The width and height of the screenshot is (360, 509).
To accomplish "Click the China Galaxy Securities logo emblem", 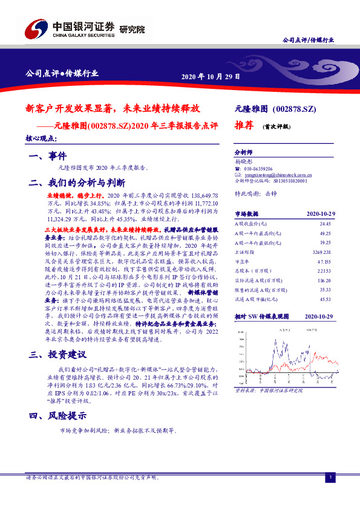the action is pos(34,28).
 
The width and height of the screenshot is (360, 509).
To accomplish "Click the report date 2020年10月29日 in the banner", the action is pos(211,77).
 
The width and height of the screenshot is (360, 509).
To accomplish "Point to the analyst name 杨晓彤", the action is pos(244,162).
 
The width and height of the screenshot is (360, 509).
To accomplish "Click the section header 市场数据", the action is pos(246,214).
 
